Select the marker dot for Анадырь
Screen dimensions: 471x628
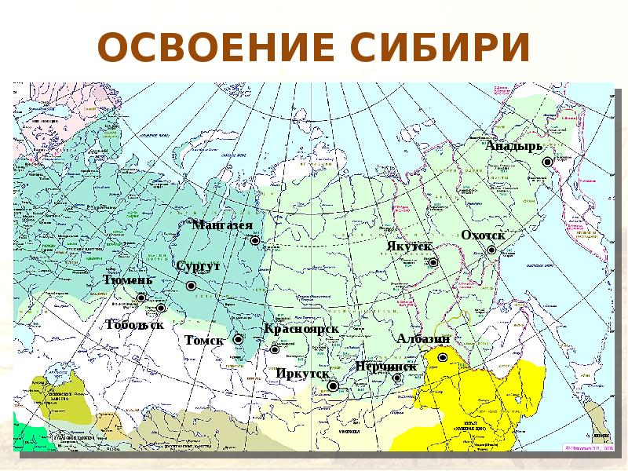[x=548, y=160]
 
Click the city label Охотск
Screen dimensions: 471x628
[x=483, y=235]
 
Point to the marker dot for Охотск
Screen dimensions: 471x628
[x=491, y=250]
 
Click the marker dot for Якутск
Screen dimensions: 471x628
[x=433, y=263]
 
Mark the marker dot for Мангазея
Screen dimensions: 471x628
[x=255, y=241]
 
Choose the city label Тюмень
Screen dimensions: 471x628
[x=128, y=280]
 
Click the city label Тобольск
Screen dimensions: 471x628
[x=134, y=324]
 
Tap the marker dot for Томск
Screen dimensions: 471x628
[x=238, y=339]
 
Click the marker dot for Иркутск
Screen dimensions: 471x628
[x=333, y=385]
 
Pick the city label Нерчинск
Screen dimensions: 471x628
[x=385, y=366]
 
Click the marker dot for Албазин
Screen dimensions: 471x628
[x=442, y=357]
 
